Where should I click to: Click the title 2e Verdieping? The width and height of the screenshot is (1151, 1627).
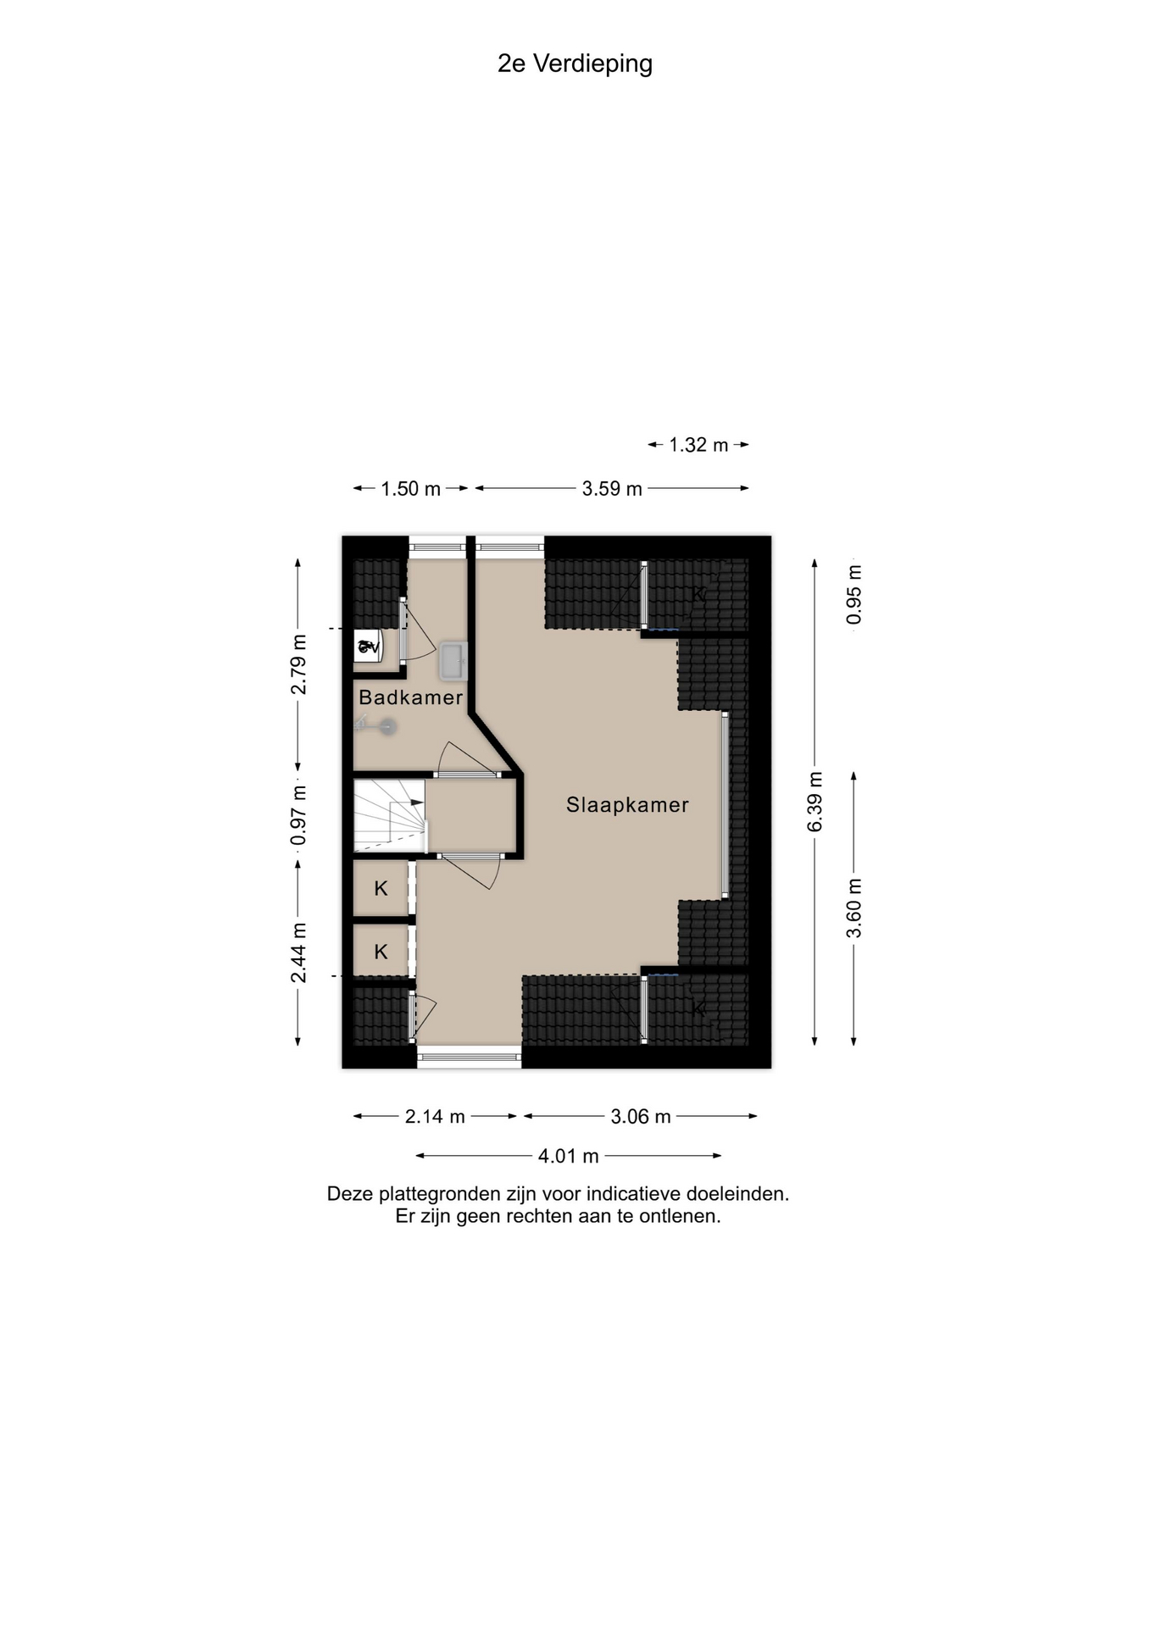[575, 64]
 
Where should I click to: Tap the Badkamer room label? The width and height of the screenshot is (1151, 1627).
[411, 697]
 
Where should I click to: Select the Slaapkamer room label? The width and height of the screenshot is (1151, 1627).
[627, 805]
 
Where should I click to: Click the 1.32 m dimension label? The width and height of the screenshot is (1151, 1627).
[698, 445]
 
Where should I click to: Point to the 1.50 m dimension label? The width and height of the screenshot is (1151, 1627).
[410, 489]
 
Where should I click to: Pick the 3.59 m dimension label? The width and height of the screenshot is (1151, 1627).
[612, 489]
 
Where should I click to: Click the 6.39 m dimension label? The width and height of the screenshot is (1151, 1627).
[815, 802]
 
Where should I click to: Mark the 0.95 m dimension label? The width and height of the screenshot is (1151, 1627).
[854, 595]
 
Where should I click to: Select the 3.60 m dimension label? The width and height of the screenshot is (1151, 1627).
[854, 908]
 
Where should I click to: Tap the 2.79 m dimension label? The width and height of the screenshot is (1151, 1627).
[298, 664]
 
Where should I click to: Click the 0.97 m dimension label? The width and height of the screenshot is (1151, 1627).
[298, 815]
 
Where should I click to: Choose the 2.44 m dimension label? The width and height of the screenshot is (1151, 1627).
[298, 953]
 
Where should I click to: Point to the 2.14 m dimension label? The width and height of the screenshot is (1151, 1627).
[435, 1117]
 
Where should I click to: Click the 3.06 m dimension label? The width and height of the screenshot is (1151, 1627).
[641, 1117]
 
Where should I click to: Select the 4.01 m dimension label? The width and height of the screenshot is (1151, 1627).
[569, 1156]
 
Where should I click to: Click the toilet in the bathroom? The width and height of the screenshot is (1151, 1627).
[369, 647]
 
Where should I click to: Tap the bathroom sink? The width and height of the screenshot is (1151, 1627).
[453, 661]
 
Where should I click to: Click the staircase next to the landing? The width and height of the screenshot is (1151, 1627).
[390, 815]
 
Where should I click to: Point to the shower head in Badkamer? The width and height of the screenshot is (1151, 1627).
[387, 726]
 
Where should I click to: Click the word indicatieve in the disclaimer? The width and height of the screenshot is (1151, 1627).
[633, 1194]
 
